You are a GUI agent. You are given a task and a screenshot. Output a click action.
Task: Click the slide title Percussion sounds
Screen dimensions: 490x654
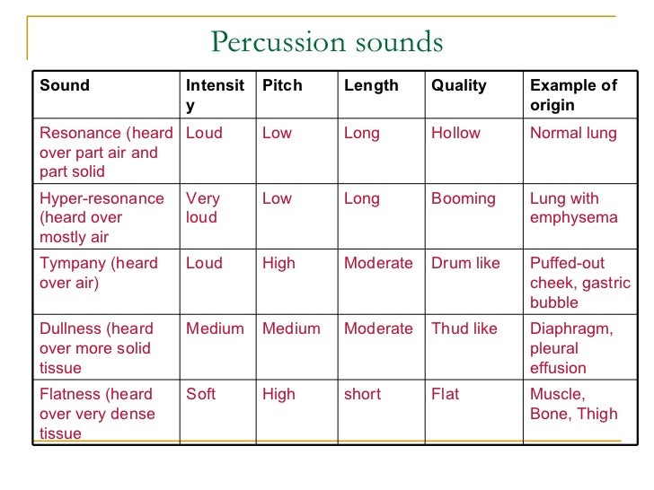pos(326,42)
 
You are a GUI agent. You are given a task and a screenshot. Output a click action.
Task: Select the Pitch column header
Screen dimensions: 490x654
pos(282,86)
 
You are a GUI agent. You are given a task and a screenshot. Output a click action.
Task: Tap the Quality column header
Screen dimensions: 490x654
pos(458,86)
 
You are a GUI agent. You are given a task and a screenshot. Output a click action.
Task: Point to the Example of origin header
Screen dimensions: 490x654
pos(573,95)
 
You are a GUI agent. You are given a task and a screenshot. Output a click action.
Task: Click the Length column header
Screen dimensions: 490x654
pos(371,86)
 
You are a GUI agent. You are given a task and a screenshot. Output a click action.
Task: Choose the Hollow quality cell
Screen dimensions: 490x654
pos(455,133)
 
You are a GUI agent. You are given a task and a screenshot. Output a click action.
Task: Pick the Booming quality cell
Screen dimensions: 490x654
pos(463,198)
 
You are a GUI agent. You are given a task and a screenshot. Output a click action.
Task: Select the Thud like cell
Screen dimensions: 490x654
pos(464,328)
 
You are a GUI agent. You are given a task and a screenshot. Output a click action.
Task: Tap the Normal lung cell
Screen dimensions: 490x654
pos(573,133)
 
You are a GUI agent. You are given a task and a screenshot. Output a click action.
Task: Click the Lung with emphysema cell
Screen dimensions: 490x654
pos(573,207)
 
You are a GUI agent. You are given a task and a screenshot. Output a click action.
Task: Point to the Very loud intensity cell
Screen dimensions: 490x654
pos(203,207)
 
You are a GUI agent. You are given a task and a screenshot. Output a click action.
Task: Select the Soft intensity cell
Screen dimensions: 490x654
pos(200,394)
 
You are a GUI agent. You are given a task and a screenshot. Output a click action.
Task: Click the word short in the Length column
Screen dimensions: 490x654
pos(362,394)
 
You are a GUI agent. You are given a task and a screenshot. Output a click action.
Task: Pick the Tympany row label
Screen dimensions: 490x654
pos(98,273)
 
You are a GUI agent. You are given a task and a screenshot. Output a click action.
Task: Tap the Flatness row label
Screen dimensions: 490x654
pos(97,414)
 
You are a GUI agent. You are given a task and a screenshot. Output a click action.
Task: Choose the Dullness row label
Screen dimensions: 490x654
pos(96,348)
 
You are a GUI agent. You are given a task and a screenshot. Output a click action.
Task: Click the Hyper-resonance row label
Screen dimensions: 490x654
pos(102,217)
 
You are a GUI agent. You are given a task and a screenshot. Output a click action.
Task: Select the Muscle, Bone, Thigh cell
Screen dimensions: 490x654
pos(573,404)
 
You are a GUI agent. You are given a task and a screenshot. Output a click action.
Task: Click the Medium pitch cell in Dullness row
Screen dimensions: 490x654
pos(291,328)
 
